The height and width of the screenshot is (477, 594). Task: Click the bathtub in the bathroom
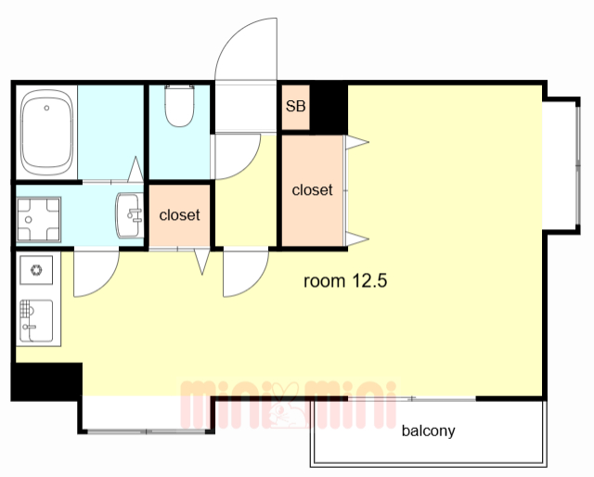click(46, 132)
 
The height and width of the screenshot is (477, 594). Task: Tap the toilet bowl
click(179, 106)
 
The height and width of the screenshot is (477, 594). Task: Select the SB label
click(295, 106)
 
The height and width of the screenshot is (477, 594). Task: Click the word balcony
click(428, 431)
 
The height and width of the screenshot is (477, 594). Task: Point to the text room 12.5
click(345, 281)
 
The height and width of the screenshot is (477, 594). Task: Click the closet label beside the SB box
click(312, 190)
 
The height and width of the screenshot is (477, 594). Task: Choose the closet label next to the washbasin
click(179, 214)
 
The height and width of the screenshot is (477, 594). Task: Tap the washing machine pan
click(39, 219)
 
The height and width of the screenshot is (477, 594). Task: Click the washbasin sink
click(130, 215)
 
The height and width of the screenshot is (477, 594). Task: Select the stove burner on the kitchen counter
click(36, 270)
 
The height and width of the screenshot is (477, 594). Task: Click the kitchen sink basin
click(36, 321)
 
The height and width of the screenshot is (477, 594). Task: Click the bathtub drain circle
click(46, 108)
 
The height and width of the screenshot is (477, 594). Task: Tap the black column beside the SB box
click(329, 108)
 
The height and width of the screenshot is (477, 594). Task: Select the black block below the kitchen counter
click(47, 381)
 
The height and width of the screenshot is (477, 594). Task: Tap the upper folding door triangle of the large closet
click(356, 143)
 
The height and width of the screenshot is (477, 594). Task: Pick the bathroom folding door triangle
click(136, 169)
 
